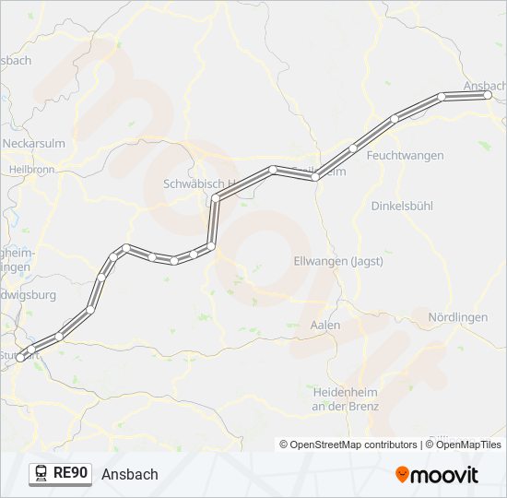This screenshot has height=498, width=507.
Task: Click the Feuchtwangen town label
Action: [x=405, y=157]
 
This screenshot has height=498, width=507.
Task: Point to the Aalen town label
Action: [x=325, y=326]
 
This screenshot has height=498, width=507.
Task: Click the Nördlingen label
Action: [x=458, y=317]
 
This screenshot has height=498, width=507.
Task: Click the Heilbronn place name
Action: [x=31, y=170]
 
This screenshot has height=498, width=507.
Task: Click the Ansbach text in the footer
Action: [x=130, y=474]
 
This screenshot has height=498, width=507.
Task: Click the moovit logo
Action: [x=437, y=474]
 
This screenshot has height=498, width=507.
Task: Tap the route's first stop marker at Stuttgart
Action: [x=20, y=357]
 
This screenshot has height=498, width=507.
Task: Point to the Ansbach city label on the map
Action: [x=485, y=86]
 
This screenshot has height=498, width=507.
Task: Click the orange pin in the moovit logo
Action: [x=403, y=475]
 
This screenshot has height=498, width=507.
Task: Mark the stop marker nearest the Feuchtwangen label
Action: [x=395, y=118]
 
